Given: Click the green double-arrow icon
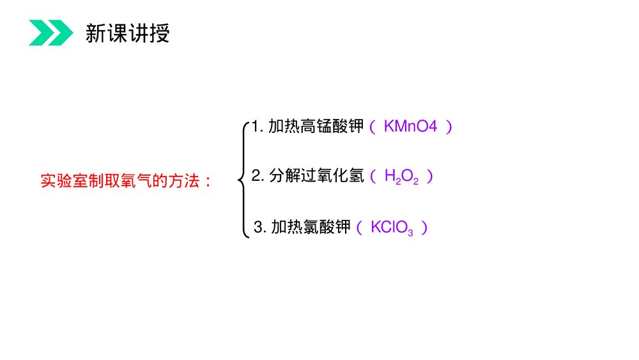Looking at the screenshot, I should [x=50, y=33].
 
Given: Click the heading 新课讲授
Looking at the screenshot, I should [x=128, y=33].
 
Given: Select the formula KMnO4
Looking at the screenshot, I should [x=410, y=127].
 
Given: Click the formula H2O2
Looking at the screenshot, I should [x=401, y=176].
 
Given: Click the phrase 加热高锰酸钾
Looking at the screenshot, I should [x=316, y=127].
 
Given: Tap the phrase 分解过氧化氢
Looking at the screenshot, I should [x=316, y=176].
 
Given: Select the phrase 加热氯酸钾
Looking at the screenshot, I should [x=311, y=227].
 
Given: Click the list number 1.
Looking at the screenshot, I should [x=255, y=127].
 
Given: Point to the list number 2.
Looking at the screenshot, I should [x=256, y=176].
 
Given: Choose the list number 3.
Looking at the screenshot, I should [x=258, y=228].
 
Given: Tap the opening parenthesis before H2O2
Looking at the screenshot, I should [x=374, y=176].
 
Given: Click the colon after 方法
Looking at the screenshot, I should [x=206, y=182].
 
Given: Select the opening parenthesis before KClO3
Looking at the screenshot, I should [x=360, y=228].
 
